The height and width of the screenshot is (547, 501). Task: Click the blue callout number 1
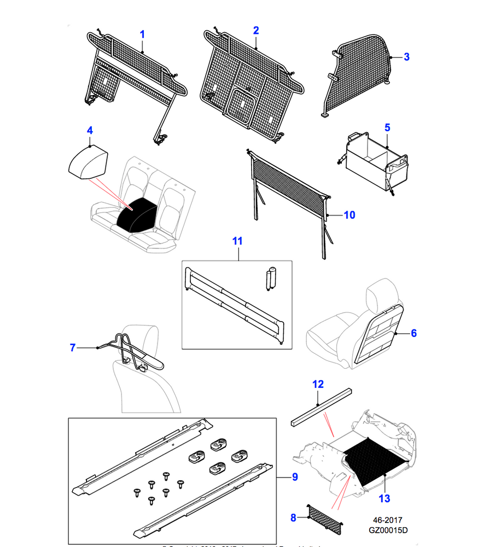[142, 34]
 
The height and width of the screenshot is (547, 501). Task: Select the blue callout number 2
[255, 30]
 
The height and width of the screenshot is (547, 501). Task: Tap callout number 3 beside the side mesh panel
[406, 56]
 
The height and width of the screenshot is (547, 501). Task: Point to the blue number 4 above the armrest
[90, 130]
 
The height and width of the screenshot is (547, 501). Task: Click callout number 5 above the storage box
[387, 128]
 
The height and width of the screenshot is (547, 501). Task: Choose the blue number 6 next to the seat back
[413, 333]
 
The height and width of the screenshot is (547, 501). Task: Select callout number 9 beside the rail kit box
[294, 478]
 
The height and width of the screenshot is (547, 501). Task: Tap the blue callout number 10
[349, 215]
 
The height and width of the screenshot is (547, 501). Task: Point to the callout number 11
[237, 241]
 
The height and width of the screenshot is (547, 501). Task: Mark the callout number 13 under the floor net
[385, 498]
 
